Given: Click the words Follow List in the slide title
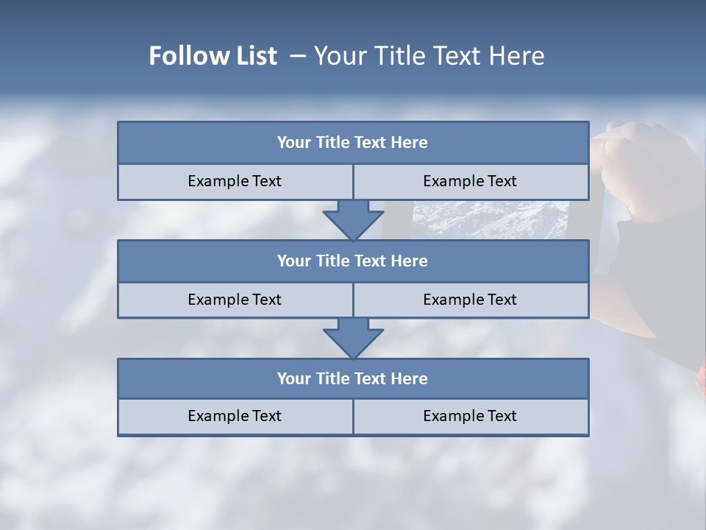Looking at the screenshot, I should click(213, 56).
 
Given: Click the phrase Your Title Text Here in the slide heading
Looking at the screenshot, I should click(429, 56).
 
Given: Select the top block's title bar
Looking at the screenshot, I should click(353, 143).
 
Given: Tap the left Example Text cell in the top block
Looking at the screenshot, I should click(235, 181).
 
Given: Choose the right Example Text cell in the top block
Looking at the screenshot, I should click(470, 181).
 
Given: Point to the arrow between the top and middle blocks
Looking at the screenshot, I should click(353, 219).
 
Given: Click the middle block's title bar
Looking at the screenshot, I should click(353, 261).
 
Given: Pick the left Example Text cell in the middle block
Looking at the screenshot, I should click(235, 300).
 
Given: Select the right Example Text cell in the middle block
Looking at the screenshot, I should click(470, 300).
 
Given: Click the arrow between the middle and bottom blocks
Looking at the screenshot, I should click(353, 338).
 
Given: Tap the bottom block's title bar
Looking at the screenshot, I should click(353, 378).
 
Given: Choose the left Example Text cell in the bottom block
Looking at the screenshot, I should click(235, 416).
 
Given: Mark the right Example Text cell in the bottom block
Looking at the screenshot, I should click(470, 416).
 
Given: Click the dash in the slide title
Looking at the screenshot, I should click(298, 56).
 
